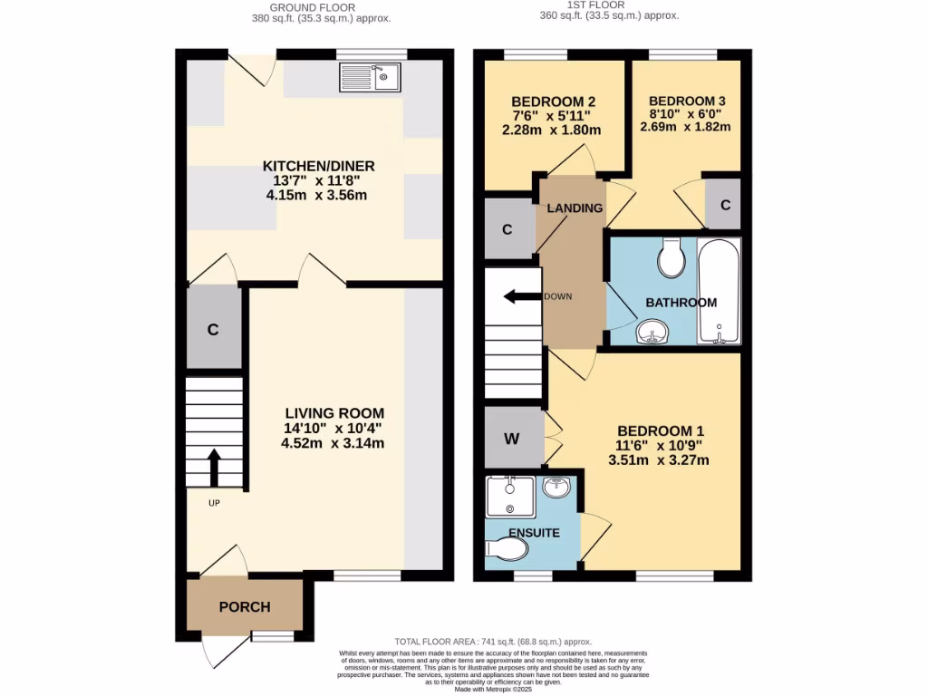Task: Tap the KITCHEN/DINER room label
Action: coord(318,166)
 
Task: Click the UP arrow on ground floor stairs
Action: coord(216,468)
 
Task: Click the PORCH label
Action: coord(246,606)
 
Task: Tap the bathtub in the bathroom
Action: coord(720,291)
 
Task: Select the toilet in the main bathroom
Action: coord(673,259)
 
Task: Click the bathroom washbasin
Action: coord(652,333)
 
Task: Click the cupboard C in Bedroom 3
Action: coord(725,205)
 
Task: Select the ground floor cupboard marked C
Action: coord(212,330)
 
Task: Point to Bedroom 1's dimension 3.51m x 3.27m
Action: coord(659,460)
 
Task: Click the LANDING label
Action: coord(575,208)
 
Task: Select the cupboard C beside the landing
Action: coord(507,229)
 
